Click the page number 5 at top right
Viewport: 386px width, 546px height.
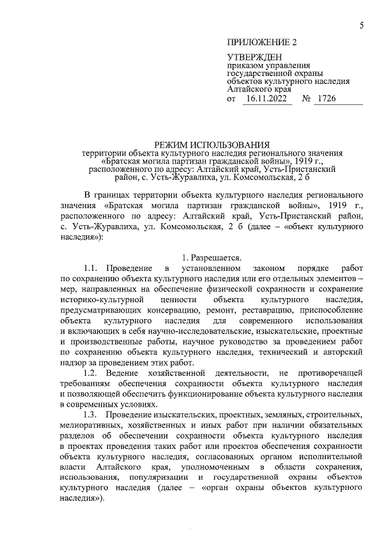(361, 25)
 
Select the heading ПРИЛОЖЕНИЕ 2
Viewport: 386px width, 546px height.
(262, 43)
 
